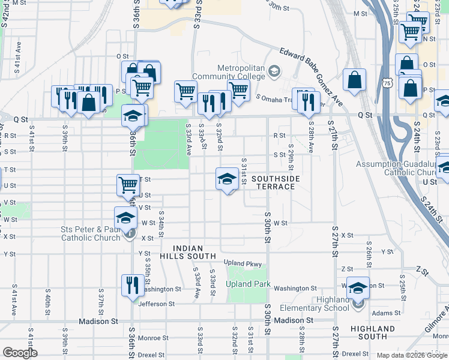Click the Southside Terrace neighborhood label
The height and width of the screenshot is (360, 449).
[273, 183]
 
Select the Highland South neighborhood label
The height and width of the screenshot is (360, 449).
[373, 332]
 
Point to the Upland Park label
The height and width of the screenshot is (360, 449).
[248, 284]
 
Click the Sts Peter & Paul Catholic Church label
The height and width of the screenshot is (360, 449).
[91, 233]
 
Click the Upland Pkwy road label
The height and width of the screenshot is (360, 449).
[243, 263]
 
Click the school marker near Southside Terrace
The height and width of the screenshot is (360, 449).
[227, 179]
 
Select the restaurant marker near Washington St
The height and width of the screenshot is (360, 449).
[132, 284]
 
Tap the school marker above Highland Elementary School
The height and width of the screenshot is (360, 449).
[358, 287]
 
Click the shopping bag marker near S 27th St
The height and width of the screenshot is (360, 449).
[355, 80]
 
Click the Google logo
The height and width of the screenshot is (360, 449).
[20, 353]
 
